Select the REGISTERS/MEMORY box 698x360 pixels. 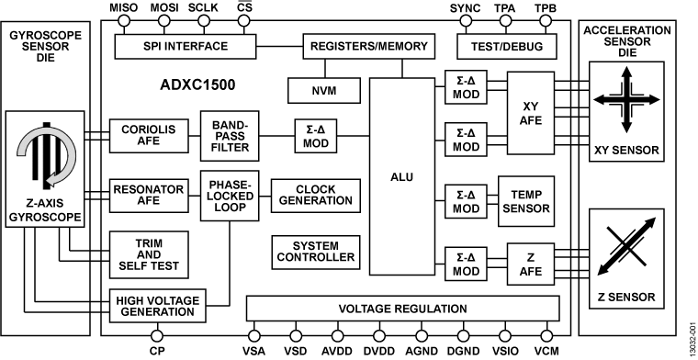click(x=360, y=46)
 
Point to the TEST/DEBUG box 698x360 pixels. click(x=505, y=46)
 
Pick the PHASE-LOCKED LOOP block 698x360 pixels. click(x=230, y=194)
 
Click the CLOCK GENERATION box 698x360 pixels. click(x=315, y=194)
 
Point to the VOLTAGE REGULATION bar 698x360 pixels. click(x=402, y=309)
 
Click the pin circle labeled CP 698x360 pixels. click(x=157, y=334)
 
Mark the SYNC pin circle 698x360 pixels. click(x=465, y=24)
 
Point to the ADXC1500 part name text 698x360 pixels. click(x=197, y=85)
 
